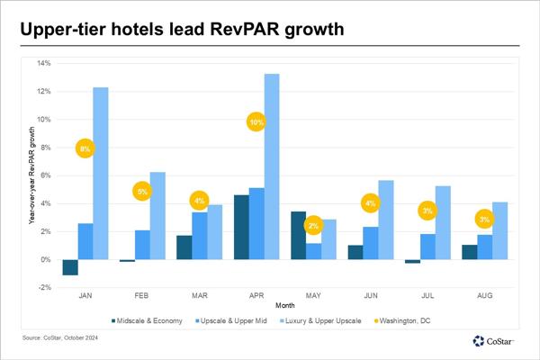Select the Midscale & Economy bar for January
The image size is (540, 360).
tap(69, 267)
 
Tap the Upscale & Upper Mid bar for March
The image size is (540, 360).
tap(201, 236)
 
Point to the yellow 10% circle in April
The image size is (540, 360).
tap(256, 121)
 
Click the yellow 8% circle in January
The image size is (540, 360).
tap(85, 148)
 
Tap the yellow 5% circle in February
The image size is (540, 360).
tap(142, 191)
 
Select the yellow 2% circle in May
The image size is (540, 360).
tap(314, 226)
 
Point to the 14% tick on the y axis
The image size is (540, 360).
tap(44, 63)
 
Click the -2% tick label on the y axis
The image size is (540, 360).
tap(44, 288)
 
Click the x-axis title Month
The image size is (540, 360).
tap(283, 306)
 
